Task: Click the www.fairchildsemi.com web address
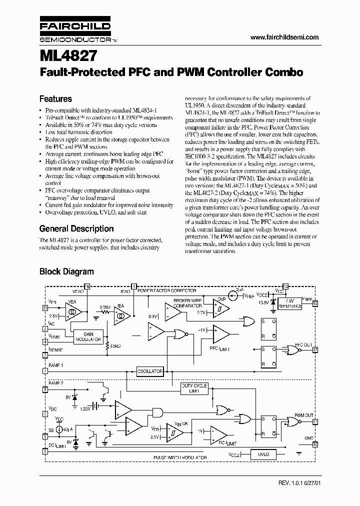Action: coord(284,37)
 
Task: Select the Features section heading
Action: coord(55,99)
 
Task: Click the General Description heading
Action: coord(76,228)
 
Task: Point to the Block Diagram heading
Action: coord(66,271)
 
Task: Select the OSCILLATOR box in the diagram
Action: coord(150,371)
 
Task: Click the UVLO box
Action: coord(263,454)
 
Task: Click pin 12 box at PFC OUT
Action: coord(315,349)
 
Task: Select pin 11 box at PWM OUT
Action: coord(315,421)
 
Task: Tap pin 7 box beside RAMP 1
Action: coord(45,371)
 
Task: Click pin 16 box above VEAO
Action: coord(87,286)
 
